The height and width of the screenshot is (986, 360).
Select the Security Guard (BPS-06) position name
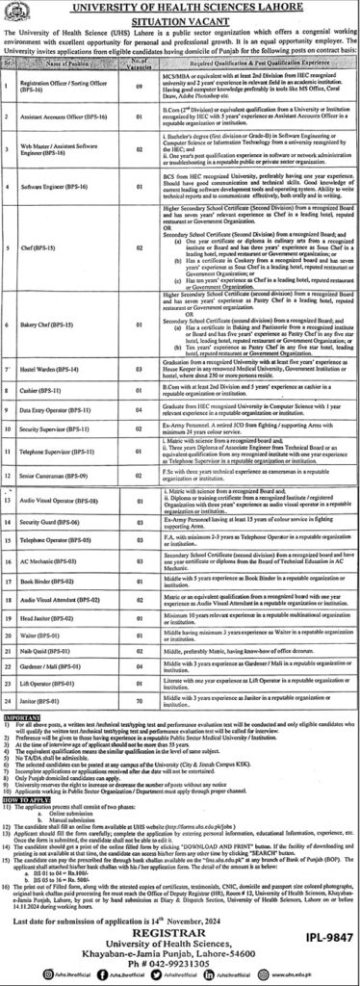point(51,468)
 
